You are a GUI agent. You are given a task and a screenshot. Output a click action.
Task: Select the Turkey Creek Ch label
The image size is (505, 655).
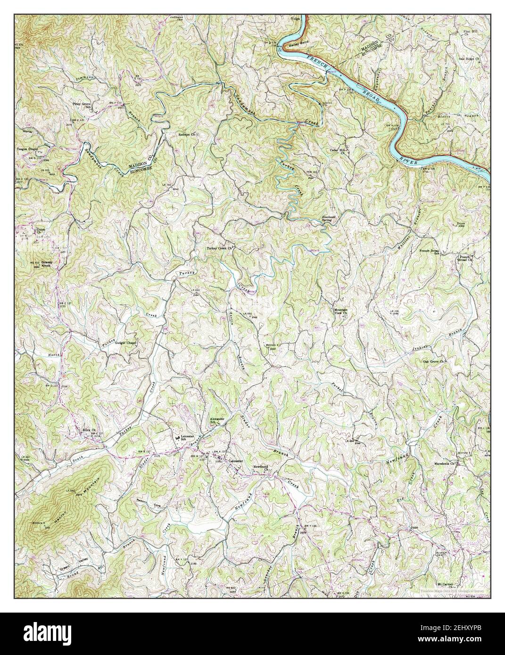[220, 248]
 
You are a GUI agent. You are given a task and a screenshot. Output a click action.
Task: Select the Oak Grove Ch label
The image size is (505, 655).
[434, 361]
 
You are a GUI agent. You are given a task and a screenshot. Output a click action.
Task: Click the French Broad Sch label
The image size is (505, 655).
[430, 252]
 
